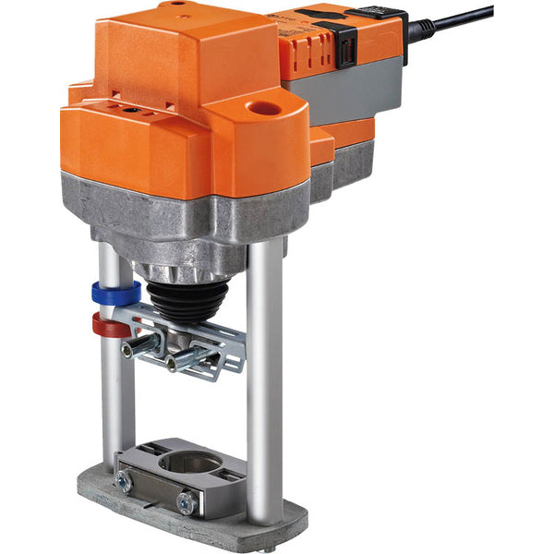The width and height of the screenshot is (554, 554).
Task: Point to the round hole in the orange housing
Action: pos(265,109)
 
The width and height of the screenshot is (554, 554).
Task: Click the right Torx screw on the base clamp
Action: pos(186,503)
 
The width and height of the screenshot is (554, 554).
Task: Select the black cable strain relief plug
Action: pos(421,30)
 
